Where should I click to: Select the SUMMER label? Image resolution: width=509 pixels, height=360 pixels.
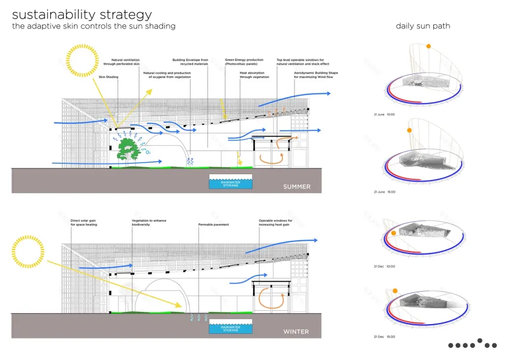pos(296,187)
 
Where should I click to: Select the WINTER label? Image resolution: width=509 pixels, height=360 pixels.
pos(296,332)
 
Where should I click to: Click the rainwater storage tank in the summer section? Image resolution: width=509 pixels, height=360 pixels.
pos(230,182)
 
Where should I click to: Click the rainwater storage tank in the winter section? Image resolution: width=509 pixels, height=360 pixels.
pos(230,327)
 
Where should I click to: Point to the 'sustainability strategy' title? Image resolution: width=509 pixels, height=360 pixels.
pos(82,14)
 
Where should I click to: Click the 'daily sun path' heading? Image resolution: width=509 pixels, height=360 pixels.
pos(423,26)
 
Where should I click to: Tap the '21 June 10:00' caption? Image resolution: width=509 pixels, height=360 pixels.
pos(384,115)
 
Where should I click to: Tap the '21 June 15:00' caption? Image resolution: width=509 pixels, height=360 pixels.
pos(384,192)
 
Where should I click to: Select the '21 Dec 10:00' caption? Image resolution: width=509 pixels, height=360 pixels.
pos(383,266)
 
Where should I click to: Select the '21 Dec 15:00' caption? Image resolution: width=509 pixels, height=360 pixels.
pos(383,336)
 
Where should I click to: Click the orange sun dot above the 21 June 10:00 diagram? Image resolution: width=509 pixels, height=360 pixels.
pos(428,46)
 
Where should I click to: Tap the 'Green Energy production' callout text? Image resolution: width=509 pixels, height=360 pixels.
pos(245,61)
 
